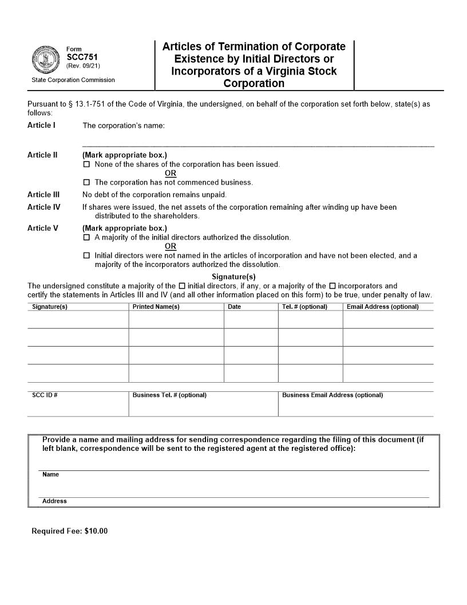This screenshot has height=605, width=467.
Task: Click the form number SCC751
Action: [x=78, y=57]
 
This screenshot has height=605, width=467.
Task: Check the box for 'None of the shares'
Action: [x=87, y=164]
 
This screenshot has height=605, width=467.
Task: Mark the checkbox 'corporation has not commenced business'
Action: [x=87, y=183]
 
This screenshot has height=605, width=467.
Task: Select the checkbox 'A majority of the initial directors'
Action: [x=87, y=237]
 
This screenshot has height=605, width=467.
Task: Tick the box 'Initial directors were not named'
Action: [x=87, y=256]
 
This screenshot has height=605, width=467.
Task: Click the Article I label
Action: [x=41, y=125]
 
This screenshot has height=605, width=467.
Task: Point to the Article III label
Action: [x=43, y=194]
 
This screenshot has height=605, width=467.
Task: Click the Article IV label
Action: [x=43, y=207]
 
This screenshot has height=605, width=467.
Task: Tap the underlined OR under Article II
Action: [x=171, y=174]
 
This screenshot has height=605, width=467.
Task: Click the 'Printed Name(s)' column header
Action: [x=156, y=307]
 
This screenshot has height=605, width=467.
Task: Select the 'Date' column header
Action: [x=234, y=307]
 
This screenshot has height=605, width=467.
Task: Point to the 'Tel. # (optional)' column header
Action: [x=304, y=307]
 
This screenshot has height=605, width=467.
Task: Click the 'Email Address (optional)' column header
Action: [x=382, y=307]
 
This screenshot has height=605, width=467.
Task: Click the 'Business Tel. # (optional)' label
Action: [x=169, y=395]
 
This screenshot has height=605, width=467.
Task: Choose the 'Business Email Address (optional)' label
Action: [x=333, y=395]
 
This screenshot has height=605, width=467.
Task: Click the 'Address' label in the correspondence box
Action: [x=54, y=501]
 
